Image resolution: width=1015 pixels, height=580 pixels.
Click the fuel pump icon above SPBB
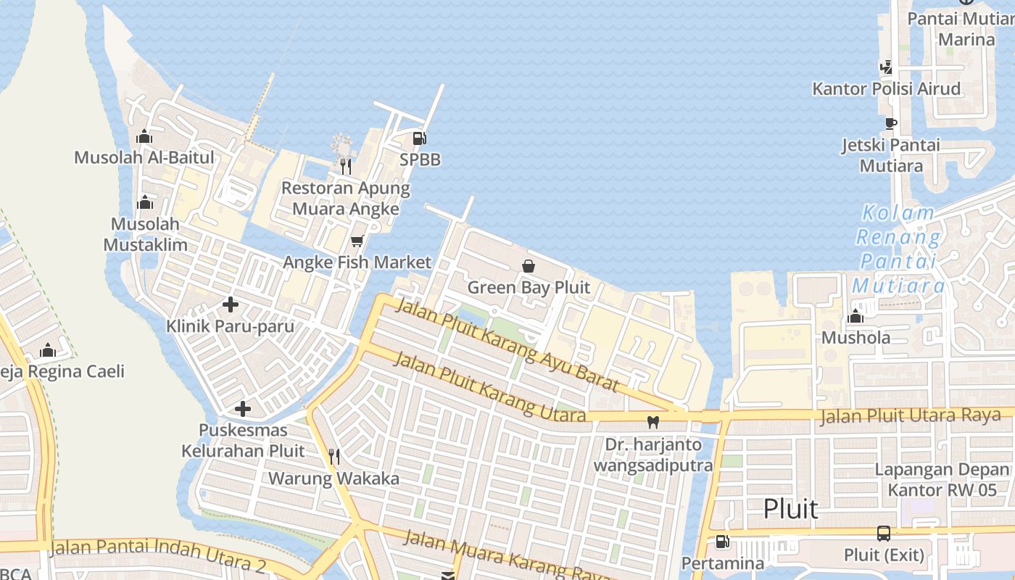point(419,138)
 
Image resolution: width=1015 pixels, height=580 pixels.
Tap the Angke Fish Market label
point(357,262)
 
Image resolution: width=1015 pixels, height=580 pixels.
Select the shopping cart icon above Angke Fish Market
point(357,241)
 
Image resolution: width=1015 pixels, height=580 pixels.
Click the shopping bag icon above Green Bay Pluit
point(529,266)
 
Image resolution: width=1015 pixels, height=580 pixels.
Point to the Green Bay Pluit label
point(529,288)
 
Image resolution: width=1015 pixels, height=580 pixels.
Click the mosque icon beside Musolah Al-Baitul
point(144,136)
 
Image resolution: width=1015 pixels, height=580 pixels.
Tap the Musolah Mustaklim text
point(145,234)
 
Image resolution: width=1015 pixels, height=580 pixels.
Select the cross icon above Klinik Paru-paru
point(231,304)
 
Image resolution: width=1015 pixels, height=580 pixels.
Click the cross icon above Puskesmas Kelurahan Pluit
point(243,409)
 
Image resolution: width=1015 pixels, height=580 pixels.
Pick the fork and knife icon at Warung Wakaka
point(334,456)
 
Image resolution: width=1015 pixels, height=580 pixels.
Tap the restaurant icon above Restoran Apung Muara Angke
point(346,166)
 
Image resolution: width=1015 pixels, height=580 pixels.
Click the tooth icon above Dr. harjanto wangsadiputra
point(652,422)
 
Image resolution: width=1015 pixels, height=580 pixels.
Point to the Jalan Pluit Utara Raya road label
point(910,416)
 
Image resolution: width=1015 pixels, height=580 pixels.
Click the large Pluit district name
point(790,509)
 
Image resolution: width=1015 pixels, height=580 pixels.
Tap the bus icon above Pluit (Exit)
point(884,534)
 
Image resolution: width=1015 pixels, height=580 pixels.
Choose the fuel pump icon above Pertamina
point(722,541)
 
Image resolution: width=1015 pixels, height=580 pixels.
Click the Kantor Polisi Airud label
point(886,89)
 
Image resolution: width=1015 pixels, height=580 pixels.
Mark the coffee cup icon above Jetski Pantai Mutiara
point(891,123)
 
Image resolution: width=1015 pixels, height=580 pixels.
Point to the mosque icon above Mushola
point(855,316)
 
